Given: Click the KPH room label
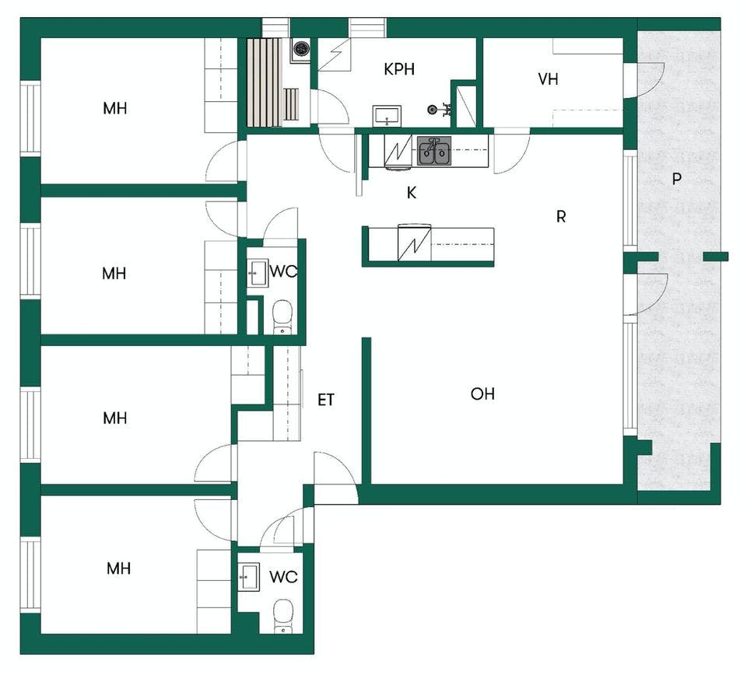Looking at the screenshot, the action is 398,69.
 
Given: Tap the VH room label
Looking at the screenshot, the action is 548,79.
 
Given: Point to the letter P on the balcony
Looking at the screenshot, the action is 676,179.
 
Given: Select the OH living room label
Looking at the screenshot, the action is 482,393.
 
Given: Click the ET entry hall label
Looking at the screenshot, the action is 326,400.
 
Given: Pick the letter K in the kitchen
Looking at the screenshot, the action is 412,193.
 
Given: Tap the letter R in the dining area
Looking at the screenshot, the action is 561,217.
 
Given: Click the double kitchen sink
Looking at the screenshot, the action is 434,151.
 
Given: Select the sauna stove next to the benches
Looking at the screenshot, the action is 300,48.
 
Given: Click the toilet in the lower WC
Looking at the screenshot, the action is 283,616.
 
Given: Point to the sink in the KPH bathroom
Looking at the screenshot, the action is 387,116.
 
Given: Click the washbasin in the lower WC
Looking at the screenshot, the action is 249,577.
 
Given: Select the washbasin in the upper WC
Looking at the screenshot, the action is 258,273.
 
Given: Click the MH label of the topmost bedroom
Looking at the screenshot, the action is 115,109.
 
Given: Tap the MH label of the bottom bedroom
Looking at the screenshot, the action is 118,568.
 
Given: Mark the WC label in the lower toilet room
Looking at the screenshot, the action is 283,577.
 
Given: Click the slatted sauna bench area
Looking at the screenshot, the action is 265,82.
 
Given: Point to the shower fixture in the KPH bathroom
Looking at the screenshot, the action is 439,110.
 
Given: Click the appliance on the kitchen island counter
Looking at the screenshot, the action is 414,242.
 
